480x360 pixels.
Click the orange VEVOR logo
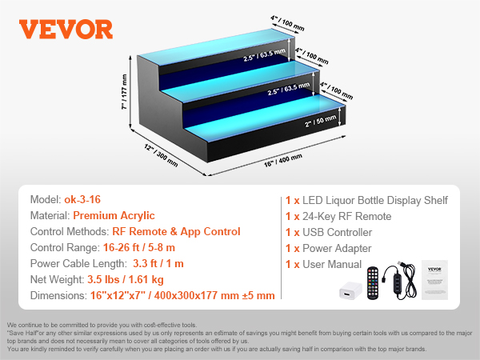66,30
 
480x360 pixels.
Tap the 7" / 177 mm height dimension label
124,91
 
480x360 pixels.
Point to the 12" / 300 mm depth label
161,155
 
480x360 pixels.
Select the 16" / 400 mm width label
283,161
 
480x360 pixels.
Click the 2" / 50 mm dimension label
321,121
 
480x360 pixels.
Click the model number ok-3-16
82,199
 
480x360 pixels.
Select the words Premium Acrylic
114,216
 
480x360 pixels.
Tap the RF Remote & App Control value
176,232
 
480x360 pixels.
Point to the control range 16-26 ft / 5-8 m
139,248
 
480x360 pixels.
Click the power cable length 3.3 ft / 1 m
158,263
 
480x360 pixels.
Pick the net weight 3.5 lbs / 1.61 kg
126,280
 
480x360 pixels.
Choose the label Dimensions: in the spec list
58,296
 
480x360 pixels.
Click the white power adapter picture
350,290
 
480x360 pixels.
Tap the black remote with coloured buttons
373,283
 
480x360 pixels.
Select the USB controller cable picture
400,280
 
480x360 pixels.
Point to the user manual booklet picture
434,280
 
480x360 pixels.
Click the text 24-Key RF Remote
347,217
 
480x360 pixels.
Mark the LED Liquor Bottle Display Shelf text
375,201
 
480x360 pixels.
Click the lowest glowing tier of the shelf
266,118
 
